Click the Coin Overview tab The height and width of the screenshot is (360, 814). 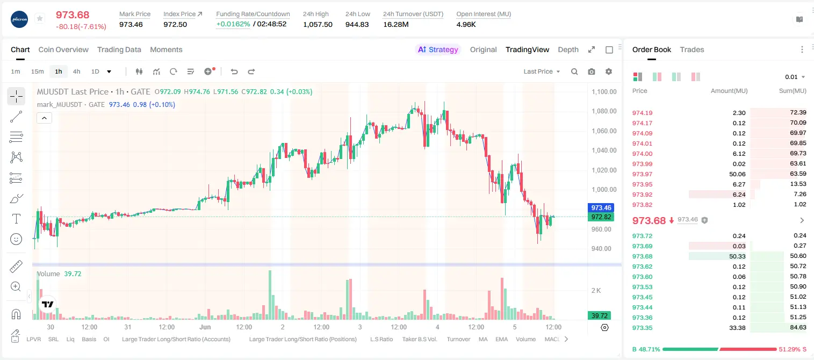click(63, 49)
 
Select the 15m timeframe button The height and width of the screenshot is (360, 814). click(38, 71)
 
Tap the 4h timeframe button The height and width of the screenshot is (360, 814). click(76, 71)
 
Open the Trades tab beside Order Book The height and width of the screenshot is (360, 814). click(692, 49)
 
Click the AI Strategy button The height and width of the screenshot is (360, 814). click(438, 49)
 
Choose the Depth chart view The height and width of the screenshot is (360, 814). click(568, 49)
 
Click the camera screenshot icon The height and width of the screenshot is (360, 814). click(592, 71)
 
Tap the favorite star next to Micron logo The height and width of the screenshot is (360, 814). click(40, 18)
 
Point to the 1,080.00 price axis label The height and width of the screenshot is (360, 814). click(604, 111)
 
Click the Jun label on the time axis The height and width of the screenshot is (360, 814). click(205, 327)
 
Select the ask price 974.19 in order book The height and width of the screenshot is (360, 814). click(642, 113)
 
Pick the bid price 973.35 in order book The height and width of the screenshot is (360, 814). click(642, 328)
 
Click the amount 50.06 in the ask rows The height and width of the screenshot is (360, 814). click(737, 174)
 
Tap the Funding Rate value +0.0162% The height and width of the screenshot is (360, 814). click(233, 24)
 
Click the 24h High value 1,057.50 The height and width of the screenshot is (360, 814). click(318, 24)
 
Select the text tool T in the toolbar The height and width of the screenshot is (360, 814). click(16, 219)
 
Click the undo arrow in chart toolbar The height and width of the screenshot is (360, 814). click(234, 71)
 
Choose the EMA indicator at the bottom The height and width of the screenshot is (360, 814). click(501, 339)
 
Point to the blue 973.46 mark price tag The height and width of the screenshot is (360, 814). click(601, 208)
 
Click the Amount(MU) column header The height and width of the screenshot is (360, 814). click(729, 91)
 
